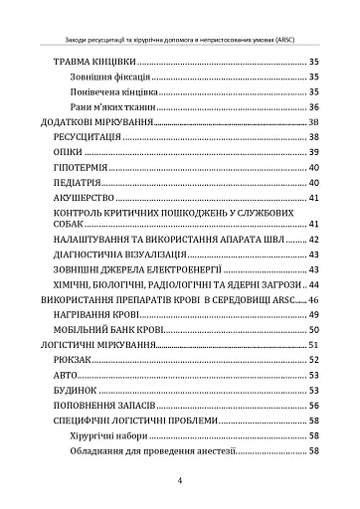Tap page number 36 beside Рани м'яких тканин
point(313,107)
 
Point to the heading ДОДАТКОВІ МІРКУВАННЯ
point(96,122)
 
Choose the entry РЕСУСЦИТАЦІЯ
point(89,137)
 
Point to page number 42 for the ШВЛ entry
point(313,241)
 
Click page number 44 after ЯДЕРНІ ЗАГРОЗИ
point(313,285)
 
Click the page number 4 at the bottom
point(180,480)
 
